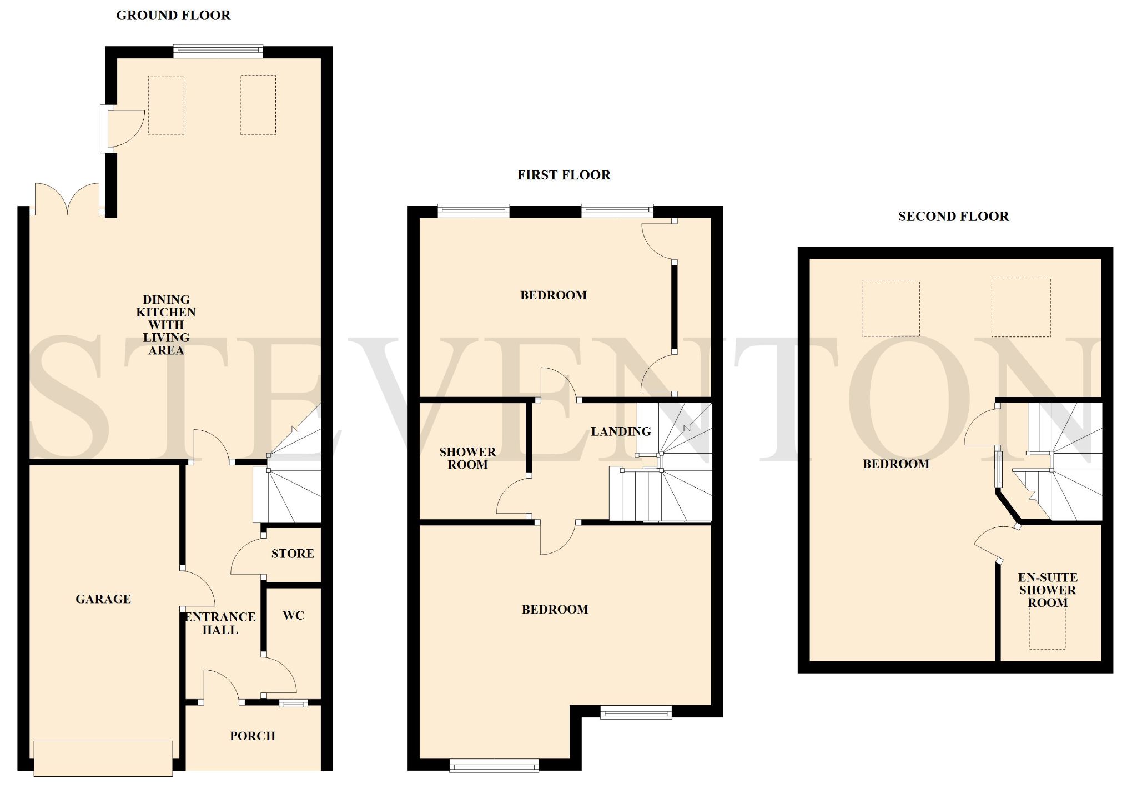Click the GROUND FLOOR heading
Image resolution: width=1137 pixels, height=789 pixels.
pyautogui.click(x=173, y=16)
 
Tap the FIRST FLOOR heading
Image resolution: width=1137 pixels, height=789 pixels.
pyautogui.click(x=564, y=175)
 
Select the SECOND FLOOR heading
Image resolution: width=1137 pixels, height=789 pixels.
pyautogui.click(x=953, y=217)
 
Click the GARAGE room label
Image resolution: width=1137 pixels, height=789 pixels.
pyautogui.click(x=103, y=599)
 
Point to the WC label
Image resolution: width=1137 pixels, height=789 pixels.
pyautogui.click(x=293, y=615)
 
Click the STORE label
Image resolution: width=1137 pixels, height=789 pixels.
pyautogui.click(x=293, y=554)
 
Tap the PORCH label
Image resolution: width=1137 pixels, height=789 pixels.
pyautogui.click(x=253, y=736)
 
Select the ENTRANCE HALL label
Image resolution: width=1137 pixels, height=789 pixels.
pyautogui.click(x=220, y=624)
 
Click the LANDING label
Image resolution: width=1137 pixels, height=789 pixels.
pyautogui.click(x=621, y=431)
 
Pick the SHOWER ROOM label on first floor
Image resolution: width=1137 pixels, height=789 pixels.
pyautogui.click(x=467, y=459)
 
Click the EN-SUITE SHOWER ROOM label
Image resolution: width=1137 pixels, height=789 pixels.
pyautogui.click(x=1048, y=590)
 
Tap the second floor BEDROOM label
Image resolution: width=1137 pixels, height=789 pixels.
pyautogui.click(x=896, y=464)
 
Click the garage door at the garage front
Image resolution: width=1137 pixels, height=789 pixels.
pyautogui.click(x=103, y=758)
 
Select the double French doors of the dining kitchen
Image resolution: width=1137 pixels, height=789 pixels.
pyautogui.click(x=67, y=198)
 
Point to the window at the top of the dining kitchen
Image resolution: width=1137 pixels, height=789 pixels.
pyautogui.click(x=218, y=51)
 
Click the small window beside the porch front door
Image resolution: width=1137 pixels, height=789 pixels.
pyautogui.click(x=293, y=704)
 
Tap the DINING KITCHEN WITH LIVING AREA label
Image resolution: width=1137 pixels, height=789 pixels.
pyautogui.click(x=166, y=325)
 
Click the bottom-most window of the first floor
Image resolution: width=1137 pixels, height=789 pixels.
pyautogui.click(x=494, y=765)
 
